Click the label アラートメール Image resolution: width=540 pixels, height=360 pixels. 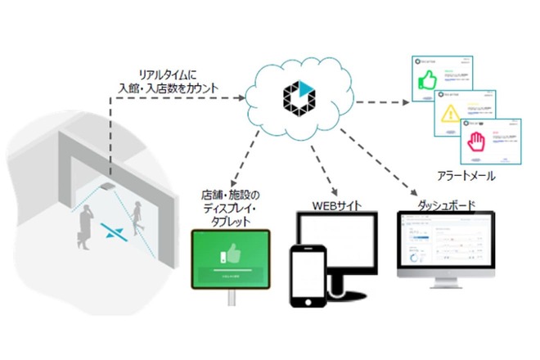click(x=470, y=177)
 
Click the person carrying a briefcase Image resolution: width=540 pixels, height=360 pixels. click(x=84, y=226)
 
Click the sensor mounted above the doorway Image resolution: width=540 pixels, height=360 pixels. click(x=106, y=188)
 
